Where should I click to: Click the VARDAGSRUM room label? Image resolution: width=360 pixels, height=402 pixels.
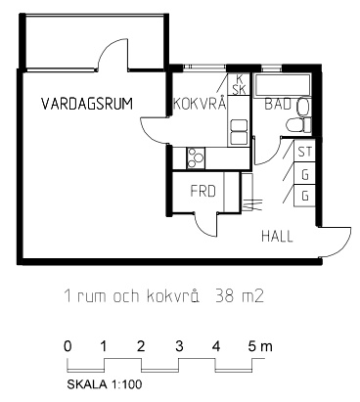click(87, 104)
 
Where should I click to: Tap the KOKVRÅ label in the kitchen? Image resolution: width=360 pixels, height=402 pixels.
click(200, 103)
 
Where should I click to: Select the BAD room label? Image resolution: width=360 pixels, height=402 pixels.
click(277, 105)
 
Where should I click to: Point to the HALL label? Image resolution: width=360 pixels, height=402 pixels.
click(277, 236)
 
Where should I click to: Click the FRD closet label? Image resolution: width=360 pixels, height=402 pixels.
click(203, 191)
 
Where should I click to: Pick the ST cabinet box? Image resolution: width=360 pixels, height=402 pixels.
click(305, 152)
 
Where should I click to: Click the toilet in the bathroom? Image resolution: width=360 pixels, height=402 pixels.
click(298, 125)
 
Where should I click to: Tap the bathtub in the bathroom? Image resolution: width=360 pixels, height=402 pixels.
click(283, 85)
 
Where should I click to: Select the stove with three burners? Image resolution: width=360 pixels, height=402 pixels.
click(196, 158)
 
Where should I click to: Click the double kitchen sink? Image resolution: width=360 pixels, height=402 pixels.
click(239, 132)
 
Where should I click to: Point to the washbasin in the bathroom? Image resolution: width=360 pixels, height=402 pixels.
click(303, 107)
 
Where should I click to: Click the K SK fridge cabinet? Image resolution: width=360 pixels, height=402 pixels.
click(239, 84)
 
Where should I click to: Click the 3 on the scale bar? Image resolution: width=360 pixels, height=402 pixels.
click(179, 346)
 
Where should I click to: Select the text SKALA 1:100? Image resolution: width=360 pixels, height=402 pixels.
click(105, 384)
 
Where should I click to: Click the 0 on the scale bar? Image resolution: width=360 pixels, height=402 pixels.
click(67, 346)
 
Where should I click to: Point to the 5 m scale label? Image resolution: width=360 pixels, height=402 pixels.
click(260, 346)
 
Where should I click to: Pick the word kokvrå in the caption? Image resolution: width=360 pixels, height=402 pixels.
click(173, 296)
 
